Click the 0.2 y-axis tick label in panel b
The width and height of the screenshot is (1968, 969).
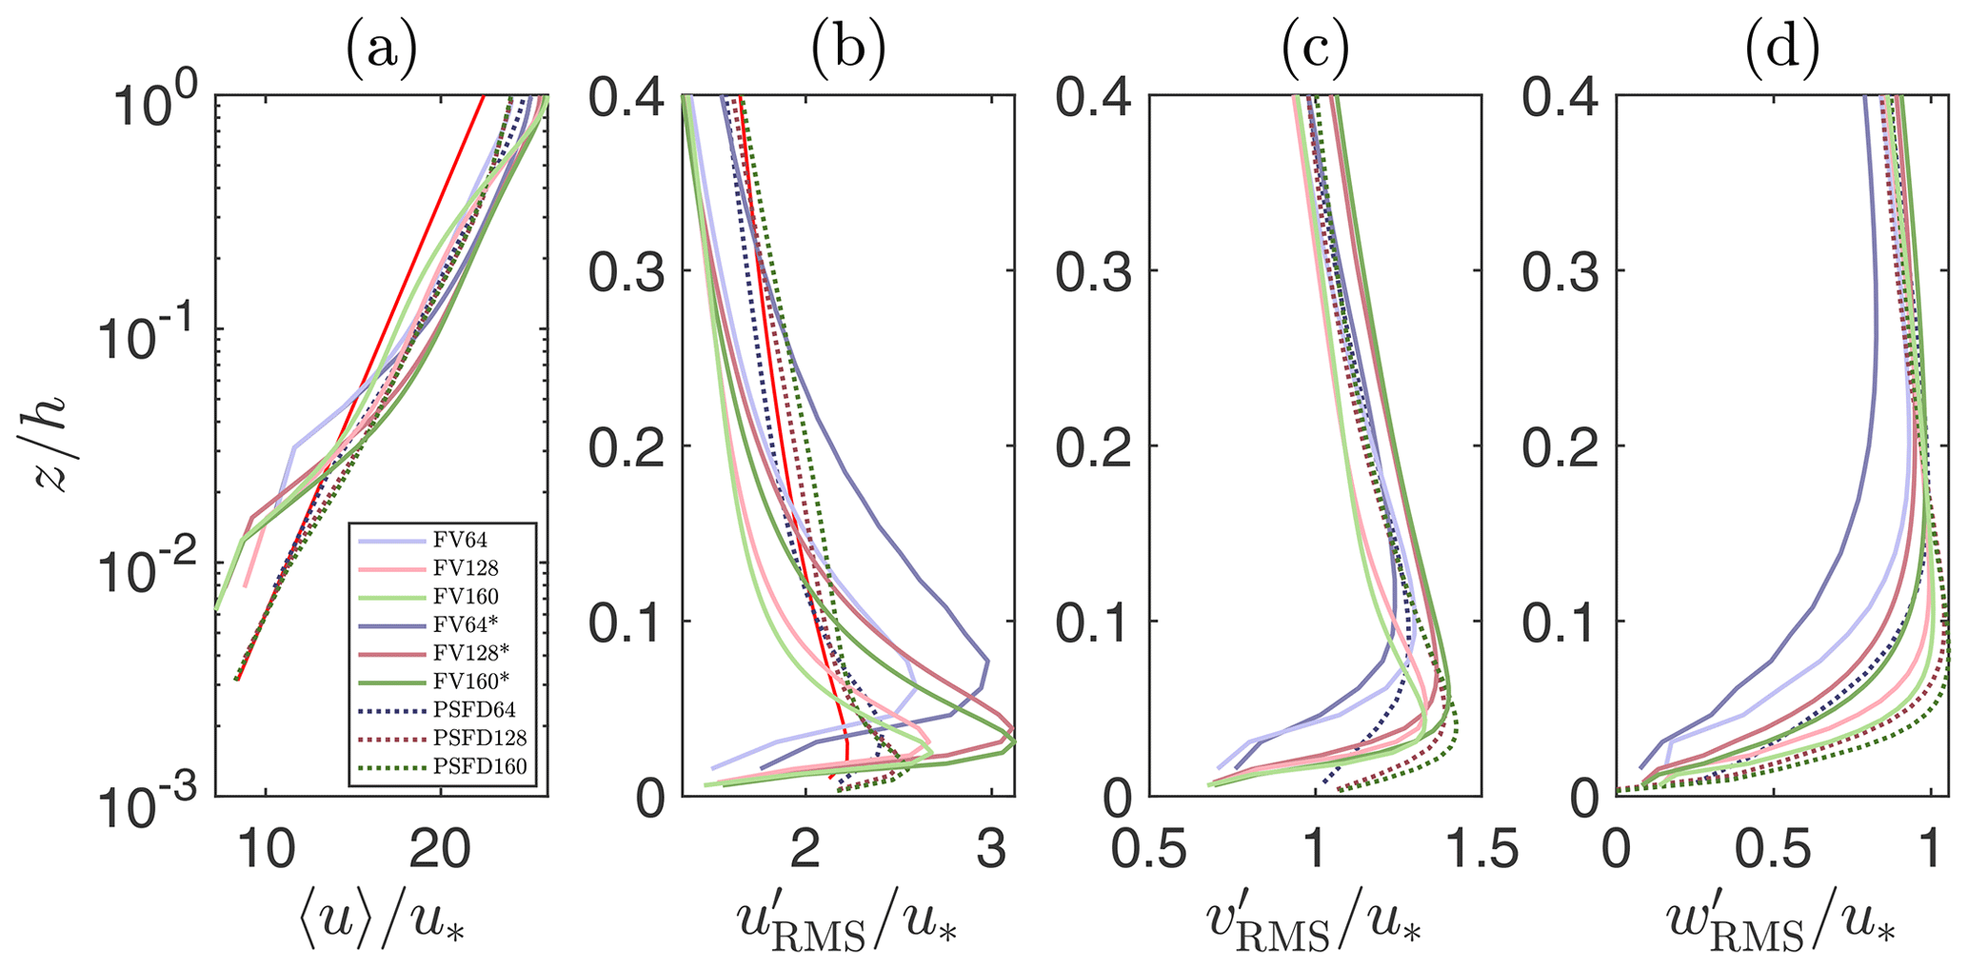[x=626, y=447]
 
